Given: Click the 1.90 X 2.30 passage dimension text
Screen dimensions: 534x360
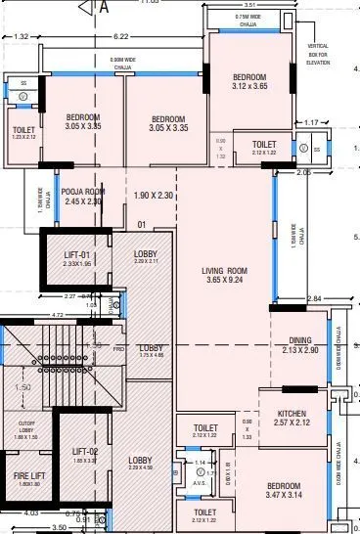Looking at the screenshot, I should point(153,197).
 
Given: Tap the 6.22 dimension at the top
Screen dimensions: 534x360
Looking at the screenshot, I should point(120,36).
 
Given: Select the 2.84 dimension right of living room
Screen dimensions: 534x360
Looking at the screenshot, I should point(314,298).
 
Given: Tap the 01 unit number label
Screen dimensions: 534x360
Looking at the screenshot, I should point(142,225).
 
